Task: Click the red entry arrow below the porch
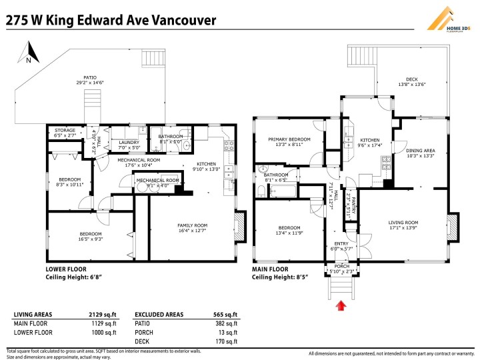pyautogui.click(x=341, y=305)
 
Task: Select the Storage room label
pyautogui.click(x=65, y=131)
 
